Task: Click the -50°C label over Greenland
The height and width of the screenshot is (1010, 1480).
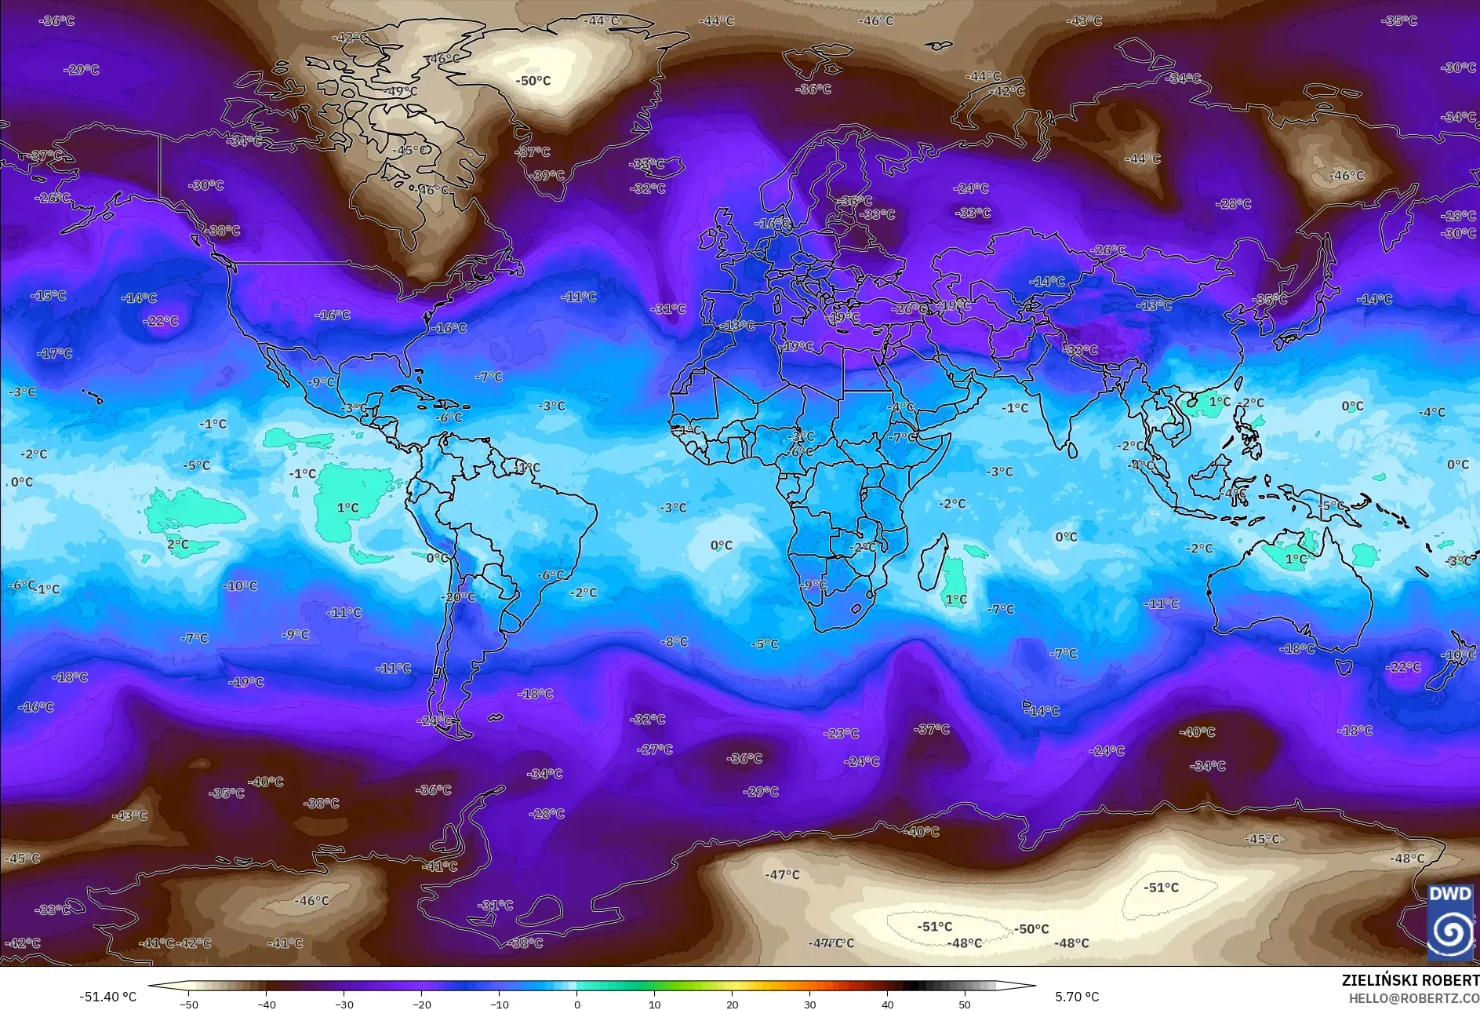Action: pos(533,81)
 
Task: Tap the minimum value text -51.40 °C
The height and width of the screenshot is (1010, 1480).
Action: pos(107,997)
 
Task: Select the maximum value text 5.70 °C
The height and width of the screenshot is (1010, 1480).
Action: pos(1077,997)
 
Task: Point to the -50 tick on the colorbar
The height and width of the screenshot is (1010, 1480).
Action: pos(189,1004)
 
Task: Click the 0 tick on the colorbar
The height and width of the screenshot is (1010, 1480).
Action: pos(577,1004)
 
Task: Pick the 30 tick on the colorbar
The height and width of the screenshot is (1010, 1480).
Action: pos(809,1004)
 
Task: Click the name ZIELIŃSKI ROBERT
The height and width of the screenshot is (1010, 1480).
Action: pos(1409,980)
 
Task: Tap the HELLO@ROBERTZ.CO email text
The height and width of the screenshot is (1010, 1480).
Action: pos(1413,998)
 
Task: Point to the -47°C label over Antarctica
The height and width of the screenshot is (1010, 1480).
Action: pos(782,875)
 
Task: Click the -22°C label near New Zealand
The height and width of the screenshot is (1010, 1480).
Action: pos(1403,668)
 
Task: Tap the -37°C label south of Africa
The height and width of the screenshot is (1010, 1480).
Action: pos(931,730)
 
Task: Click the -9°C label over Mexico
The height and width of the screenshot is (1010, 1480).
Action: pos(322,382)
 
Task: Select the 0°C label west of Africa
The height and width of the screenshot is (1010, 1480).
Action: pos(721,545)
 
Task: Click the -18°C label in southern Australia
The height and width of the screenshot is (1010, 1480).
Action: pos(1296,649)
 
